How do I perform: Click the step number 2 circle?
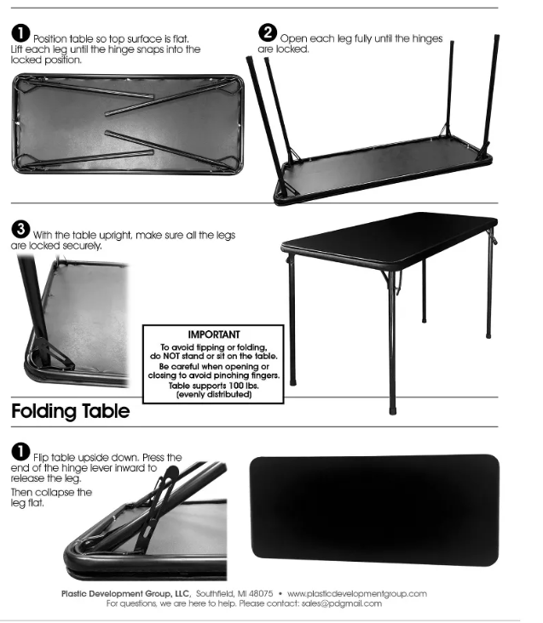pyautogui.click(x=268, y=33)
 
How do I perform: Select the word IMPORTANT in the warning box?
pyautogui.click(x=212, y=334)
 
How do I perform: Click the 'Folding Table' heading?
pyautogui.click(x=71, y=412)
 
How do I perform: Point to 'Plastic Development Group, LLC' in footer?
pyautogui.click(x=125, y=593)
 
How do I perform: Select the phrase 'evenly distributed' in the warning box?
pyautogui.click(x=213, y=395)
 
